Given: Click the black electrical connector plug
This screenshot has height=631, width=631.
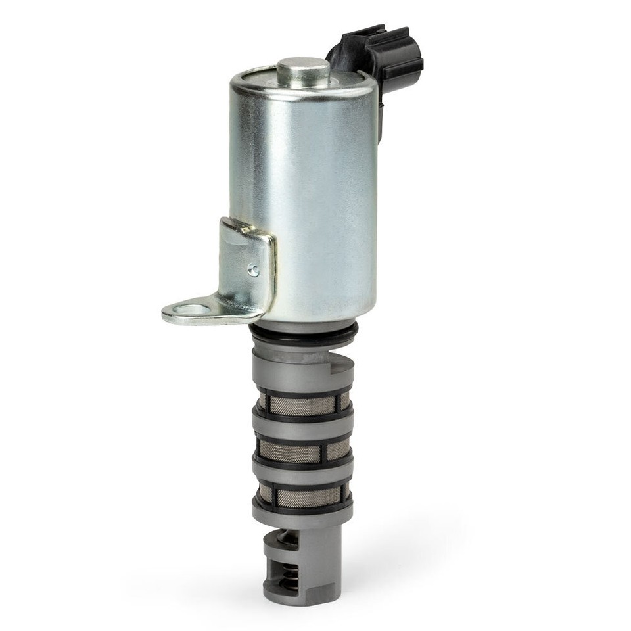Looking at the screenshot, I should [381, 56].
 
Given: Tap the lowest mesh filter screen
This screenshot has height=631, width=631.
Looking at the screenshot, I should [302, 496].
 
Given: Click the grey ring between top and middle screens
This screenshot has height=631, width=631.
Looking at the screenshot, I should [302, 428].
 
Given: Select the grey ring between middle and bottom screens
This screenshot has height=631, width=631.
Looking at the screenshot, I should [302, 472].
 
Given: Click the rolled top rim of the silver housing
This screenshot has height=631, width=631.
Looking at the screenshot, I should [302, 92].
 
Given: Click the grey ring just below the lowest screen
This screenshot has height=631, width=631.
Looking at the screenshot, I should [302, 516].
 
